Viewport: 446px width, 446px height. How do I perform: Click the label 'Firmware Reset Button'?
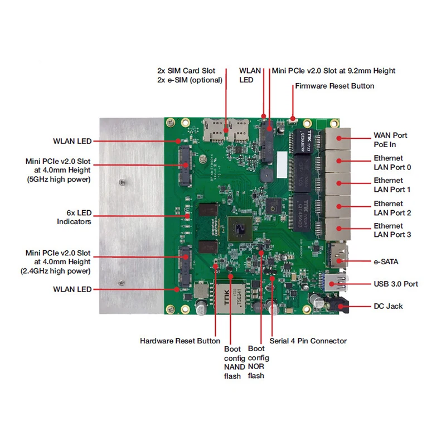point(334,86)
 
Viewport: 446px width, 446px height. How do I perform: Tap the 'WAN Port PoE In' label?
point(390,140)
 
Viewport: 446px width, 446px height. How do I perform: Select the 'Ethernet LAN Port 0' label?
point(392,163)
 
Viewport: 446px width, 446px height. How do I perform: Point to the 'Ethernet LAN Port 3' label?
point(392,230)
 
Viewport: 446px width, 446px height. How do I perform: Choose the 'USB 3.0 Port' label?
point(396,284)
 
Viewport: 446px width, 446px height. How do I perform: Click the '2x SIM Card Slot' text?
point(186,71)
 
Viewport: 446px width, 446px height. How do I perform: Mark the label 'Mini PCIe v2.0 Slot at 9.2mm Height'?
point(333,71)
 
